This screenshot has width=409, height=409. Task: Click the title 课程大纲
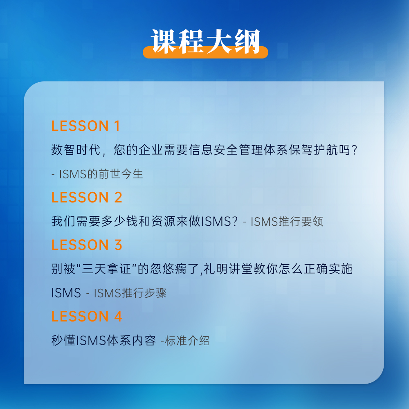[x=206, y=41]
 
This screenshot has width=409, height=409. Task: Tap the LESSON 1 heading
[x=85, y=126]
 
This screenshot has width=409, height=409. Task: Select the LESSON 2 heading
[x=87, y=197]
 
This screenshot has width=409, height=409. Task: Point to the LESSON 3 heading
[x=87, y=245]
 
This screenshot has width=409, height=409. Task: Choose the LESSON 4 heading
[x=87, y=316]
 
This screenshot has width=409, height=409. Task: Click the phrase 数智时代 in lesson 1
[x=76, y=150]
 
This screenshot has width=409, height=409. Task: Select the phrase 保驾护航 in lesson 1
[x=313, y=150]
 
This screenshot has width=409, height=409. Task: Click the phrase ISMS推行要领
[x=287, y=221]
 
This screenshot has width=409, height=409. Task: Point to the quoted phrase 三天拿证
[x=107, y=269]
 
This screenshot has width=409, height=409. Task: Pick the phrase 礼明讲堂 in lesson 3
[x=228, y=269]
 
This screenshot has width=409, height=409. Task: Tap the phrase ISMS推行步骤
[x=130, y=293]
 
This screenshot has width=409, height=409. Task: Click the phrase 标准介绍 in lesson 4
[x=187, y=340]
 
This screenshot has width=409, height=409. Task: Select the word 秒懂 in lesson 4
[x=63, y=340]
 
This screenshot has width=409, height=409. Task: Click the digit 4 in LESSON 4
[x=118, y=316]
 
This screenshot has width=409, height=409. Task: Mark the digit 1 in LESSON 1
[x=117, y=126]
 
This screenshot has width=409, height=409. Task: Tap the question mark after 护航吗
[x=354, y=150]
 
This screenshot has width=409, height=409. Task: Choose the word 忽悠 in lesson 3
[x=162, y=269]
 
